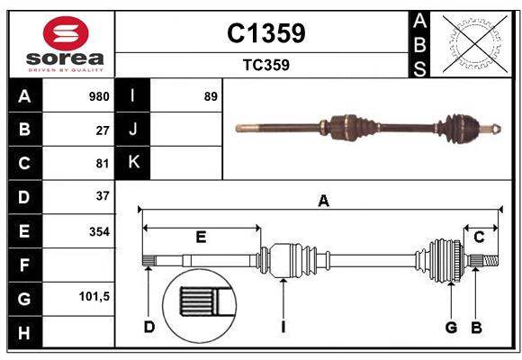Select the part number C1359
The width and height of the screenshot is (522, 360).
[x=265, y=33]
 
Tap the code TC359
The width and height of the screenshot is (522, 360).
[x=265, y=65]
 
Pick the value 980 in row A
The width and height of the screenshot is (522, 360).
[x=99, y=96]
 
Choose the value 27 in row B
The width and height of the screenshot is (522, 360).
[x=103, y=130]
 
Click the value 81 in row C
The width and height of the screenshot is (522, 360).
[x=103, y=163]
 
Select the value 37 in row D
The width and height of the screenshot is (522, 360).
[x=103, y=195]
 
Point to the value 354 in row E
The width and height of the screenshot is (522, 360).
[x=99, y=231]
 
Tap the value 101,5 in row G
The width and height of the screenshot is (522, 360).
[x=94, y=296]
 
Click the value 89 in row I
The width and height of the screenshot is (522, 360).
[x=211, y=96]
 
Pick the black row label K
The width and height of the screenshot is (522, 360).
[x=133, y=163]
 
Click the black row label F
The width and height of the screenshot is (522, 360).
[x=24, y=265]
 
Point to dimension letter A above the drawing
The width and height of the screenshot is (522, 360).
[x=323, y=202]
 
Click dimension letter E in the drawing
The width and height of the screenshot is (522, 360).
[x=201, y=237]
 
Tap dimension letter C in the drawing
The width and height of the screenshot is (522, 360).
[x=479, y=237]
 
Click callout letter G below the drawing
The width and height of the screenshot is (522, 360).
[x=452, y=327]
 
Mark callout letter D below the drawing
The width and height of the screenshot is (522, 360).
[x=149, y=327]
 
